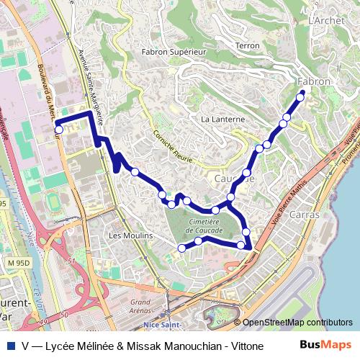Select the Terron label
pos(247,45)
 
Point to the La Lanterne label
pos(223,119)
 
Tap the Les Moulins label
pos(130,235)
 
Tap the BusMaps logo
pos(327,345)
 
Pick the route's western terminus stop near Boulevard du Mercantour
pos(59,130)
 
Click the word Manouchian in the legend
pos(184,346)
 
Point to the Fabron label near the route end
pos(313,81)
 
